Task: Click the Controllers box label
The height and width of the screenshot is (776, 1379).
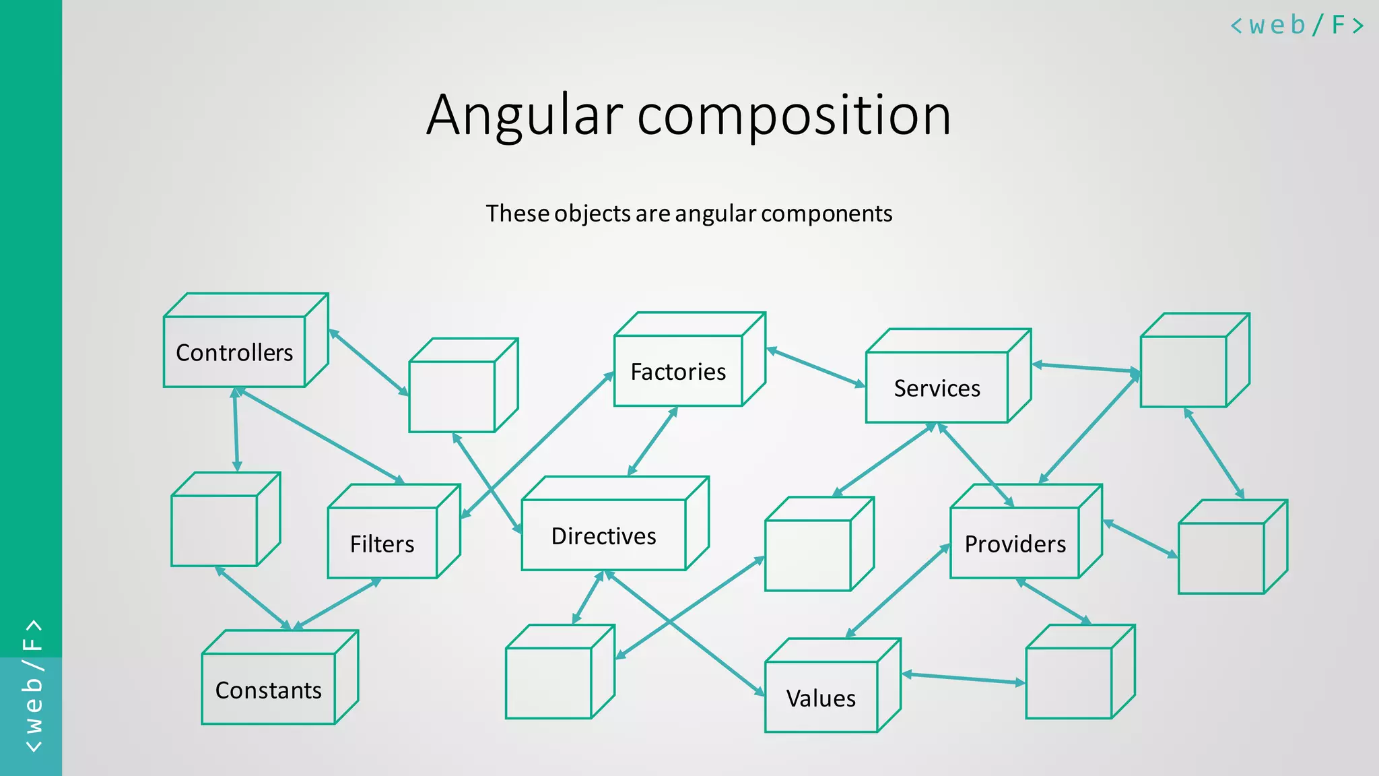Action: click(x=234, y=352)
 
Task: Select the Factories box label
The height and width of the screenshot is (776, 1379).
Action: click(x=678, y=372)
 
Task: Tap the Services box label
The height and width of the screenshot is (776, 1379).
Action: click(x=937, y=388)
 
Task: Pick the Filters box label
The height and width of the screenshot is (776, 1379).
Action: click(x=382, y=544)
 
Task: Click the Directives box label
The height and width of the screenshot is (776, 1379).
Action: click(x=603, y=536)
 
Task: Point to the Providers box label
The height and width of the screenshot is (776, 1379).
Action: click(x=1015, y=544)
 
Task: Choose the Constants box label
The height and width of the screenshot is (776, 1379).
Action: click(x=268, y=690)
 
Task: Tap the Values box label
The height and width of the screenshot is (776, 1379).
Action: click(x=821, y=699)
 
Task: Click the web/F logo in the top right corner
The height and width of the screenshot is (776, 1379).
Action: click(x=1296, y=26)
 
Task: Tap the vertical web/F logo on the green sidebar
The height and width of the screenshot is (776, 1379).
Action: click(x=32, y=686)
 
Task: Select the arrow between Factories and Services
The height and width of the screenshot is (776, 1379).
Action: click(x=815, y=367)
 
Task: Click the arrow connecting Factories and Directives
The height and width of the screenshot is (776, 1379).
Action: click(x=652, y=441)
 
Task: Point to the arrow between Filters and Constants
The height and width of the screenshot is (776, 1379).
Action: click(x=337, y=604)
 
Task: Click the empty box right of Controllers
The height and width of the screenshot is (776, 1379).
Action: click(x=452, y=396)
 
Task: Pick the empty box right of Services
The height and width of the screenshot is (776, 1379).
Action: click(x=1184, y=371)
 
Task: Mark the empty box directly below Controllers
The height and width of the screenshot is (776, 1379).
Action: click(x=214, y=529)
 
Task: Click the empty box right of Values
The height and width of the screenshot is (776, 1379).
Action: click(x=1069, y=682)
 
